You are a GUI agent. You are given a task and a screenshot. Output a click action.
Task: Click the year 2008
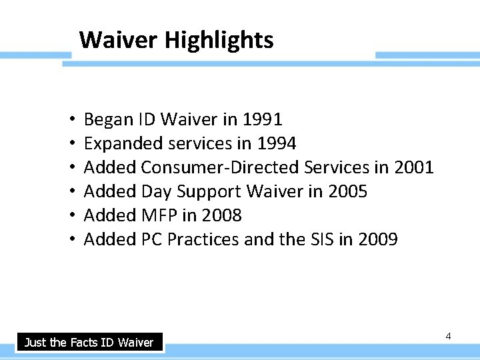pos(221,215)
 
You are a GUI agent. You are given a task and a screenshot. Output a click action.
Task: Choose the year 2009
pos(377,239)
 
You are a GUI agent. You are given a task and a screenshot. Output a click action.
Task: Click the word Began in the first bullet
pos(108,119)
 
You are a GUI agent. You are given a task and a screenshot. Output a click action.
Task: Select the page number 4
pos(448,336)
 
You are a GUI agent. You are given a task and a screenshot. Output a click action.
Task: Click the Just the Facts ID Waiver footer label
pos(89,343)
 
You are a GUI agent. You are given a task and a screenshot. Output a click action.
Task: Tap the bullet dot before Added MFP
pos(71,216)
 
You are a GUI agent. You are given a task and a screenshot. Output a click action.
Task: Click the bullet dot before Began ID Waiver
pos(71,120)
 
